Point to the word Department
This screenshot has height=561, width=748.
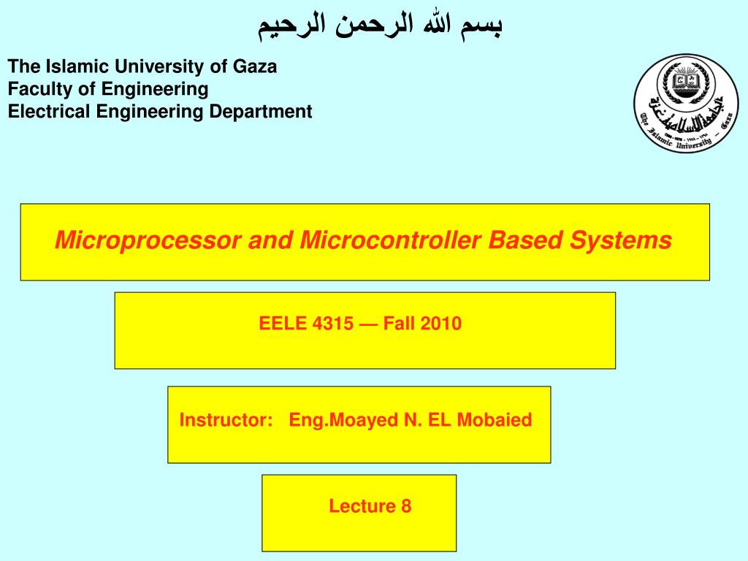(x=261, y=112)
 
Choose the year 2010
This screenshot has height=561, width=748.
(x=440, y=324)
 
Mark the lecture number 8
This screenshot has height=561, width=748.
(x=406, y=506)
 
